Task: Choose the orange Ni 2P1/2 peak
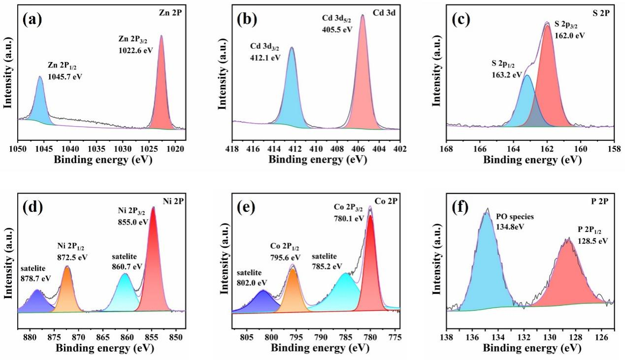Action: click(67, 293)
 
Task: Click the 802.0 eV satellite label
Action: click(251, 282)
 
